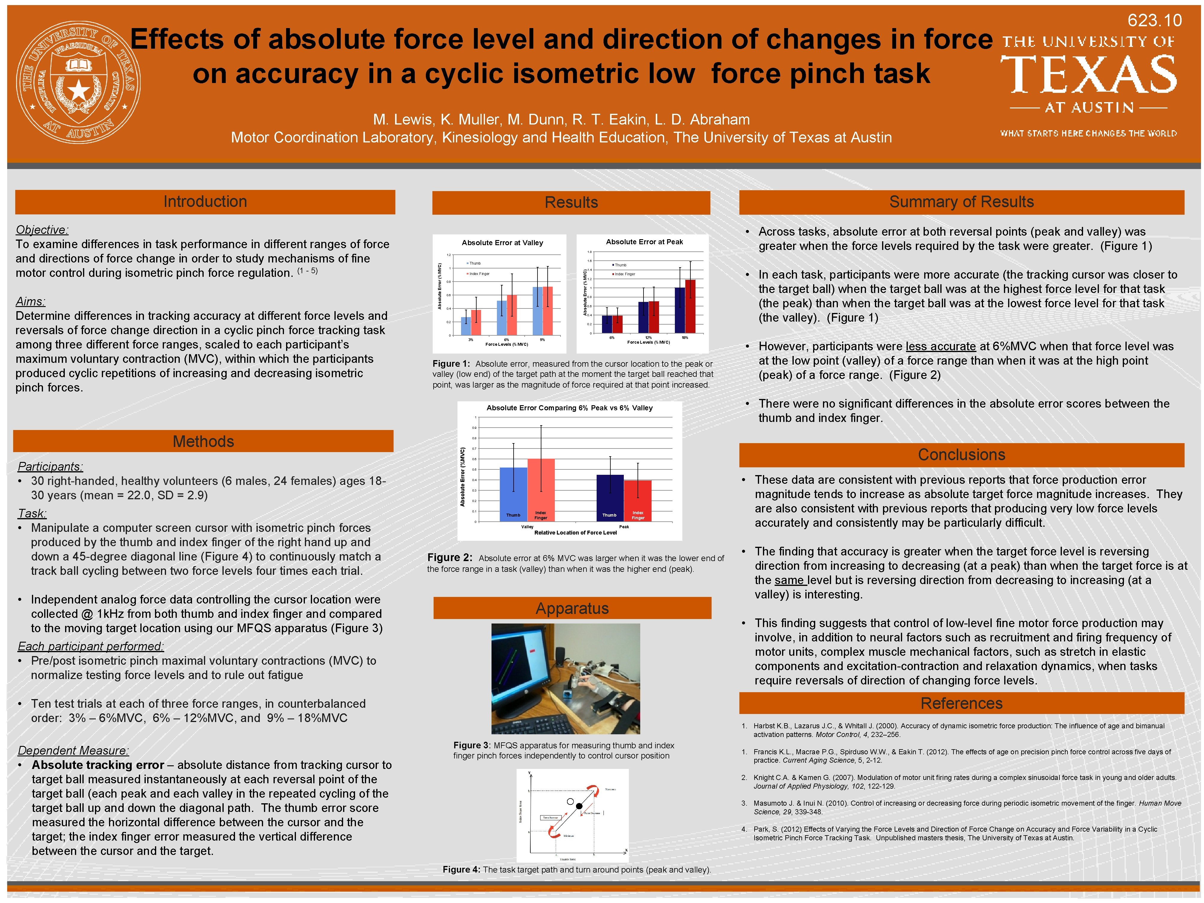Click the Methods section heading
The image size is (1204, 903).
click(x=203, y=441)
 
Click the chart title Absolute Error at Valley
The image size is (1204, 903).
click(x=502, y=243)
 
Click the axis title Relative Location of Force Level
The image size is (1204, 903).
click(x=575, y=533)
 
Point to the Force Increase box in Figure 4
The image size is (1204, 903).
click(x=550, y=818)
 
